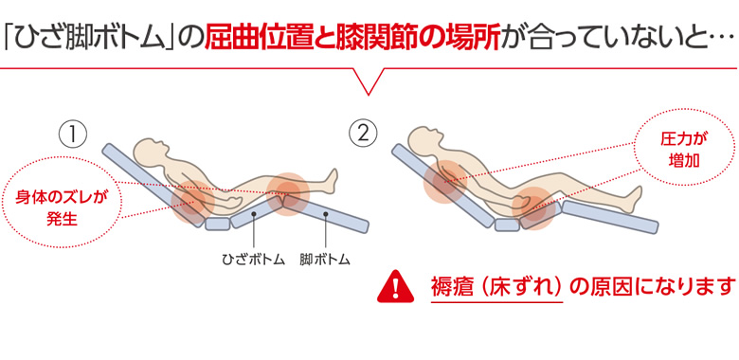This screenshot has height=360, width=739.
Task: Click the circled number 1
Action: point(73,135)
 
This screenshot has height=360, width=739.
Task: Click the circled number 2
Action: point(363,135)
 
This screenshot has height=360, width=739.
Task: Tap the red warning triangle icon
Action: point(395,287)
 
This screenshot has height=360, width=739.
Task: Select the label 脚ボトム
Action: point(325,260)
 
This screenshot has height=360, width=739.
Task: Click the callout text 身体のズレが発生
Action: point(62,207)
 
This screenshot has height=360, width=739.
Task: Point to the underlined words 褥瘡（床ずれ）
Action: point(496,285)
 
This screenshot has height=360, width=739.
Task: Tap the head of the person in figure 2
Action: point(424,139)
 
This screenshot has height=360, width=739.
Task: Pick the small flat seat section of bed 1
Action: point(218,224)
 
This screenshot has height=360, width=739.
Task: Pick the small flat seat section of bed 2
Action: point(507,225)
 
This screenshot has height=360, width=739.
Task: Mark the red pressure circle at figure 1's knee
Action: point(287,193)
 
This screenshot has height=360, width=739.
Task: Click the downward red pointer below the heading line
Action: point(369,81)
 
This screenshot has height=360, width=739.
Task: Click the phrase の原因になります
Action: point(652,285)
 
